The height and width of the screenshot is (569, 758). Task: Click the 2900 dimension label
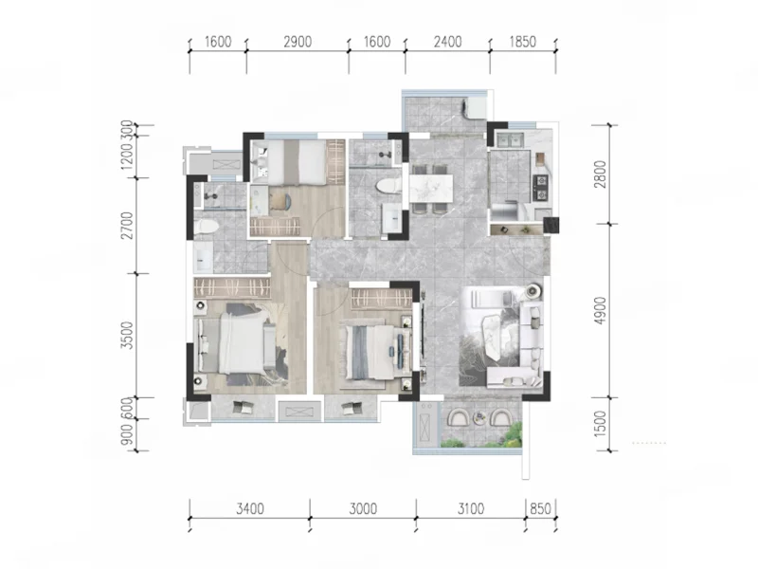tap(298, 42)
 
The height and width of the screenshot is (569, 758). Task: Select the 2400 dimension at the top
tap(447, 42)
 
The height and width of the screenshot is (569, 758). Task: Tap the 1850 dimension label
tap(523, 42)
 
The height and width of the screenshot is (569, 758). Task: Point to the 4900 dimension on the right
tap(600, 311)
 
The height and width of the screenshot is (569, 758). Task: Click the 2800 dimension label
tap(600, 174)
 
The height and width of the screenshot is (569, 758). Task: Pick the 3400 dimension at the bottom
tap(250, 508)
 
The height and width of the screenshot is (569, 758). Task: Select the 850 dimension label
tap(540, 508)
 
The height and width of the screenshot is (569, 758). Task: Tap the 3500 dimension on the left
tap(127, 335)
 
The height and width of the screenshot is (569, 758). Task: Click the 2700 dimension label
tap(127, 225)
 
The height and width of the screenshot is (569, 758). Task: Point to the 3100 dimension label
tap(471, 508)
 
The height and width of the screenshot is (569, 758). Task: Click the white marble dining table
tap(431, 188)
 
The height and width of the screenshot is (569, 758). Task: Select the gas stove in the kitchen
tap(540, 188)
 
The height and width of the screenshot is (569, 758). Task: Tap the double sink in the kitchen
tap(511, 139)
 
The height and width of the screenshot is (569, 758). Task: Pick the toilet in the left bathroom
tap(206, 227)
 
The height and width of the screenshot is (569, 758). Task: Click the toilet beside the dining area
tap(388, 186)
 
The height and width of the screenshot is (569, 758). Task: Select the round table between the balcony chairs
tap(479, 417)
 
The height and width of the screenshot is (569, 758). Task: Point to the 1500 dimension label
tap(600, 424)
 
